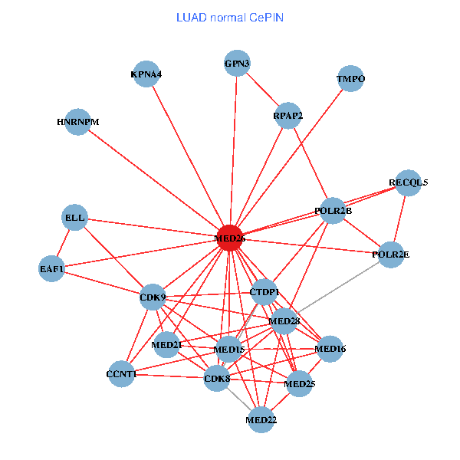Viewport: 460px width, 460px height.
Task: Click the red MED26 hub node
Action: coord(230,238)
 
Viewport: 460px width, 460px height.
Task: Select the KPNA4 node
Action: coord(146,74)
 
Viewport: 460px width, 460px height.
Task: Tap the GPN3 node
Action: coord(237,64)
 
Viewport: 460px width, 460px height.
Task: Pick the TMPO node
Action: coord(350,79)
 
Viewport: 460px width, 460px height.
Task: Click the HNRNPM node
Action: coord(78,122)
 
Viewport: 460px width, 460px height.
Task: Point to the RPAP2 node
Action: coord(287,116)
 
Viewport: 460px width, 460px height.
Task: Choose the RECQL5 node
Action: coord(408,182)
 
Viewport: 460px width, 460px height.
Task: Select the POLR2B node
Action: coord(333,210)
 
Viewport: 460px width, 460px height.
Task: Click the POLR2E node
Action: coord(390,254)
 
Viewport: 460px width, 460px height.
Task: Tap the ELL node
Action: coord(75,218)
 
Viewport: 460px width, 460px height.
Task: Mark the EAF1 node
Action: coord(52,269)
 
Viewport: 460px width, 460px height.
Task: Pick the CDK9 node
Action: coord(153,297)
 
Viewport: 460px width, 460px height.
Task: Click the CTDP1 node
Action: coord(264,292)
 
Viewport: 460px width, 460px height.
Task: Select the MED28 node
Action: coord(284,320)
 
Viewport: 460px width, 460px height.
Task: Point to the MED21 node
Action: coord(166,345)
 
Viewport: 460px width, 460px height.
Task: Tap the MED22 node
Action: coord(261,419)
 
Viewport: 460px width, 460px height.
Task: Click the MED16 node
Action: coord(330,349)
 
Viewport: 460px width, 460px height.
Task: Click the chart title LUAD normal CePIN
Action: coord(230,17)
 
